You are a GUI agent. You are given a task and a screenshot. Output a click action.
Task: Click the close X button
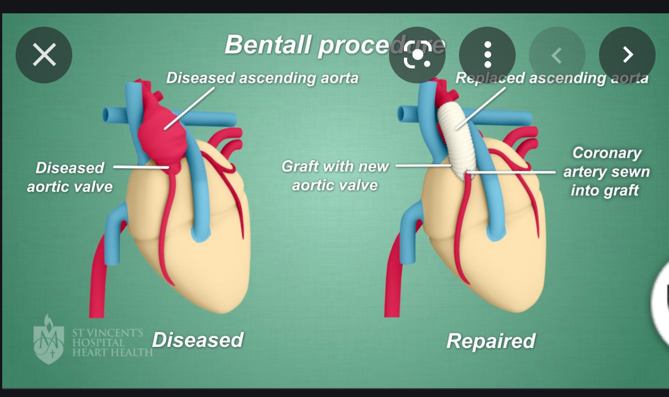click(44, 55)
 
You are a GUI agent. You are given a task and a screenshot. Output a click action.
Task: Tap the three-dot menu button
click(487, 55)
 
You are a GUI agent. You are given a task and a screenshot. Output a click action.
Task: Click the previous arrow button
click(557, 55)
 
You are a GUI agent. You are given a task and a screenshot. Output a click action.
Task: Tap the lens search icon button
click(417, 55)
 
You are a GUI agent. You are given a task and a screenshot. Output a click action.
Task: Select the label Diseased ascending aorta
click(262, 77)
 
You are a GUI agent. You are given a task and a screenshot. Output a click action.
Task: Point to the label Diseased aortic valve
click(70, 177)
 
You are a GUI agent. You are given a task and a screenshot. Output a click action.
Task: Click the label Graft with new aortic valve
click(335, 175)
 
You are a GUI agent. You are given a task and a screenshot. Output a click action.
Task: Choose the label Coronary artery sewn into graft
click(606, 171)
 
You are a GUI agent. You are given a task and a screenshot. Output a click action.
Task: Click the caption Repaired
click(491, 340)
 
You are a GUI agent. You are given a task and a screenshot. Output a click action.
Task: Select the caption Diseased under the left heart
click(197, 339)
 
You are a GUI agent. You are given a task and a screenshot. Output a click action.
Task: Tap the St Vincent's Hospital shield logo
click(48, 340)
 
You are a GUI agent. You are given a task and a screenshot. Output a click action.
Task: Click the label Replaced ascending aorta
click(551, 78)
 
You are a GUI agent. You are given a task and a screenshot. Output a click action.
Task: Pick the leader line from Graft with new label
click(422, 166)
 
